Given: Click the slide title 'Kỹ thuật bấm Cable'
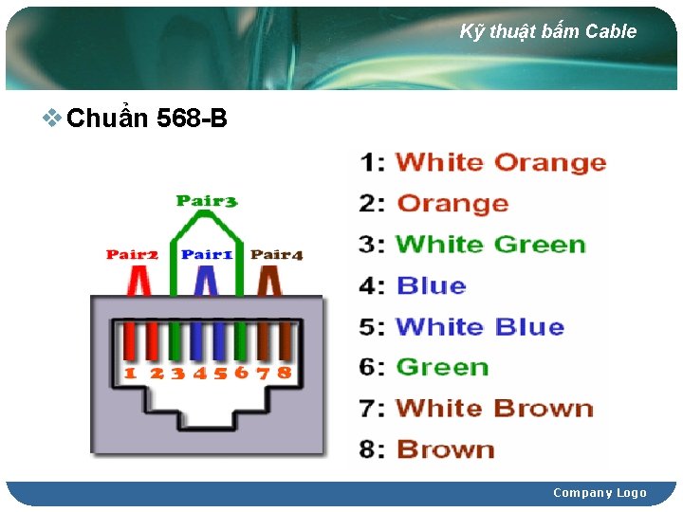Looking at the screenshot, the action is (548, 31).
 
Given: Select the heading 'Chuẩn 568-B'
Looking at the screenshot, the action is (147, 119).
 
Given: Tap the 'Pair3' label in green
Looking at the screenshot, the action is (207, 201).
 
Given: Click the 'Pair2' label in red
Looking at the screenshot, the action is (132, 254).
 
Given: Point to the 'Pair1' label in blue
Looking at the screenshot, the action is (207, 254).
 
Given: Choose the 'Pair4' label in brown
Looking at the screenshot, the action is (277, 254).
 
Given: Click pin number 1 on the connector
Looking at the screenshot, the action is (130, 373).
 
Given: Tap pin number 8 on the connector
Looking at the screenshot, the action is (284, 373).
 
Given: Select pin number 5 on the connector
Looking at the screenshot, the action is (220, 373).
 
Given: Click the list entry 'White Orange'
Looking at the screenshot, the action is (500, 162).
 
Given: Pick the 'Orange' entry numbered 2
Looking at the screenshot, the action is (452, 203).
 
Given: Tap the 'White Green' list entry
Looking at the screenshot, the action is (490, 244).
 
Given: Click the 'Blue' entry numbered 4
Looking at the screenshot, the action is (432, 285).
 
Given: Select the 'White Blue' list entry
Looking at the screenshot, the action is (479, 327).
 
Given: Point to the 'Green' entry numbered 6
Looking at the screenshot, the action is (442, 367).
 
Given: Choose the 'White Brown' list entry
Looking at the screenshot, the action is (494, 409).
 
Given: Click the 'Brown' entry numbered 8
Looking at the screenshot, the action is (445, 448).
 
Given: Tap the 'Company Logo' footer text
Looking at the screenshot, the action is (600, 492).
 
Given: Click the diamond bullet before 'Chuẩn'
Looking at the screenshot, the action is (54, 119).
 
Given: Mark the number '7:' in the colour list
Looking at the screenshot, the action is (372, 409).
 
